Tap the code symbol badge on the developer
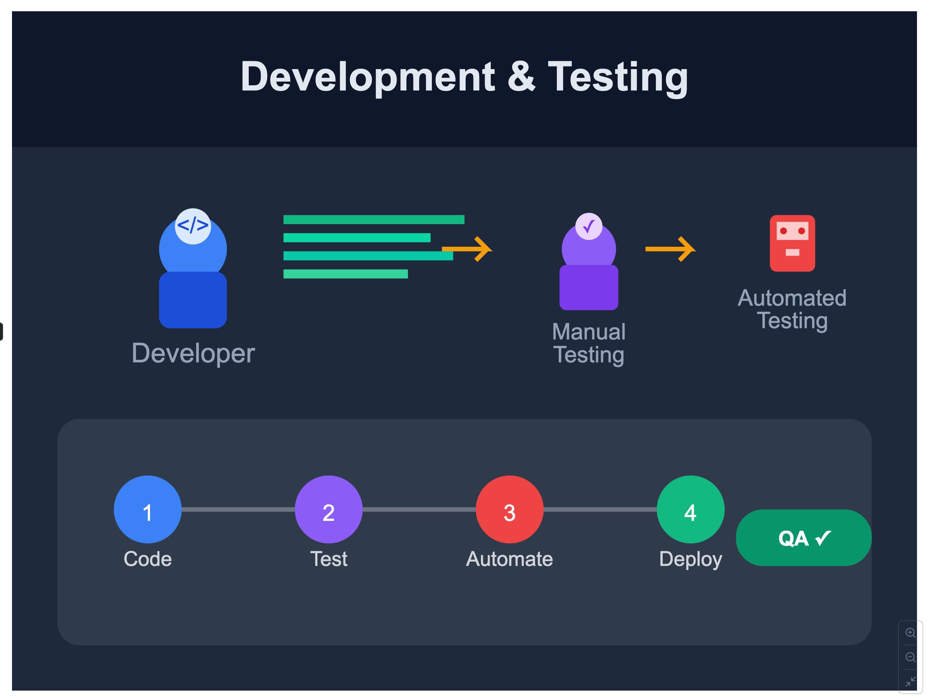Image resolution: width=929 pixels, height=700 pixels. (193, 226)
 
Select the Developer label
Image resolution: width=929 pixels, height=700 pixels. (193, 353)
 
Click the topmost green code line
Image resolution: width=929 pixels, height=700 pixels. (374, 219)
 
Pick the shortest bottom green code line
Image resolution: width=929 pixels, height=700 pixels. (345, 274)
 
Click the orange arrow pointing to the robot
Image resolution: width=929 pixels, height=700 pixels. (670, 249)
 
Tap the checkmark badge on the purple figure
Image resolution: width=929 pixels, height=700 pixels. (588, 226)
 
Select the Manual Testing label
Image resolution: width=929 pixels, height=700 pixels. (588, 343)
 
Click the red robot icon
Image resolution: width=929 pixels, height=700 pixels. (792, 243)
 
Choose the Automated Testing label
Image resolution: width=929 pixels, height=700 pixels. (792, 309)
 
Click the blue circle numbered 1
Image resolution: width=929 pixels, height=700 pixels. (147, 509)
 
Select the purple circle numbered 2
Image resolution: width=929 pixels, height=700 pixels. (328, 509)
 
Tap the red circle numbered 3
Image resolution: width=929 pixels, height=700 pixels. (510, 509)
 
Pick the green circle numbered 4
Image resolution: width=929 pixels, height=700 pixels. (690, 509)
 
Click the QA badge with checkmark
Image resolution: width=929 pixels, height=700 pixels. (803, 538)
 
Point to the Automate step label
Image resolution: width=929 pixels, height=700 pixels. (510, 559)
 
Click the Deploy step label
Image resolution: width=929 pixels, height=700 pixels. (690, 559)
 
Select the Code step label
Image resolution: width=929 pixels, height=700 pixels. (147, 559)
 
